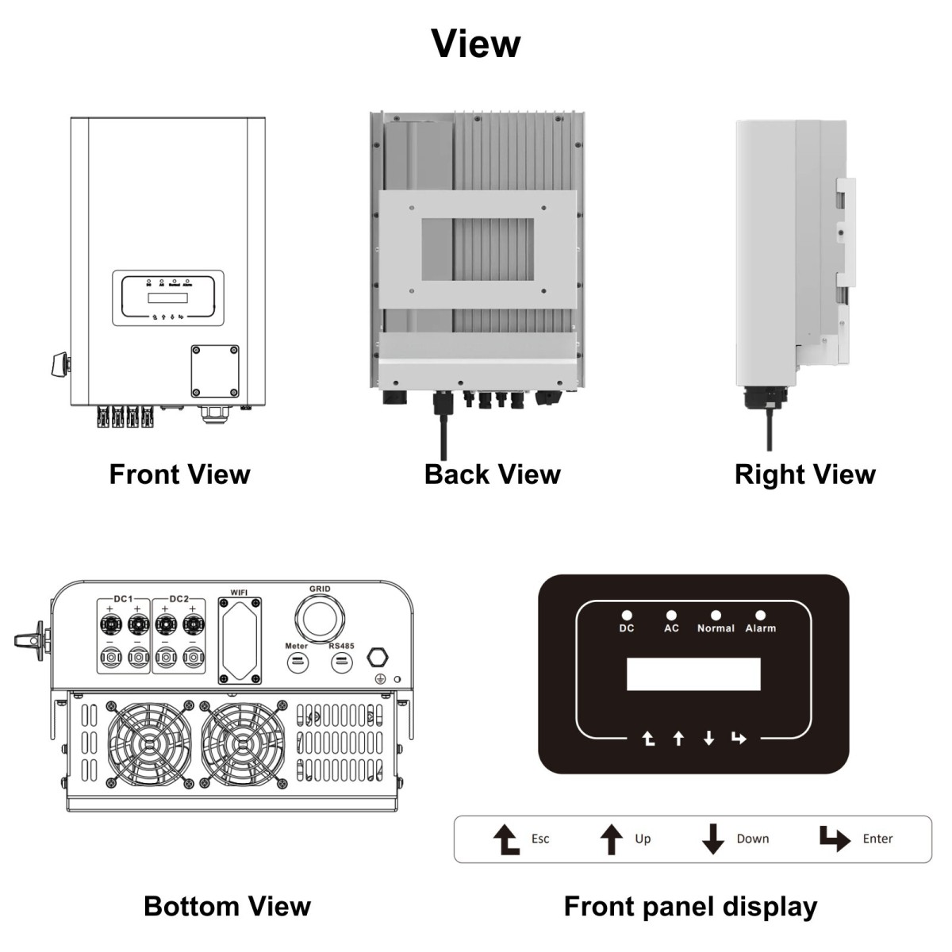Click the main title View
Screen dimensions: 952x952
click(476, 43)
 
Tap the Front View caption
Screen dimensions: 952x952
click(179, 474)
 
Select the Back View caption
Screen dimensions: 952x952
click(492, 474)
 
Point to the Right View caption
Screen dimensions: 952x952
click(804, 474)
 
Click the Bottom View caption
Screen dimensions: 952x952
click(227, 906)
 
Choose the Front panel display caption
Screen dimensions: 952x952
click(690, 906)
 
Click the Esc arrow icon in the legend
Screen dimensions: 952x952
click(506, 839)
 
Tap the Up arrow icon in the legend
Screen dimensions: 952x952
click(611, 839)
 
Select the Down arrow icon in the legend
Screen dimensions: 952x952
click(713, 839)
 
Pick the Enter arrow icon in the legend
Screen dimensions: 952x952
click(834, 839)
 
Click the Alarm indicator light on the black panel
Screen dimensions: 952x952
click(760, 615)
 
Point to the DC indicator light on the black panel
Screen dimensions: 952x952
click(627, 615)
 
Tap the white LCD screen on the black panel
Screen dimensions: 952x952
click(693, 674)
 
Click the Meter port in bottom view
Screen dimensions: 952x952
click(297, 662)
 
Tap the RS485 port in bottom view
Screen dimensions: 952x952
click(341, 662)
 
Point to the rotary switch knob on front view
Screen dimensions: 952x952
click(59, 365)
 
